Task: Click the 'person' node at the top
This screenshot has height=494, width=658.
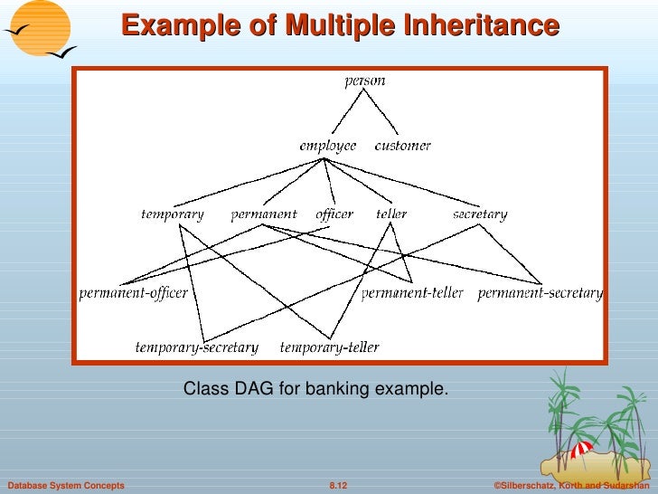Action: pos(364,81)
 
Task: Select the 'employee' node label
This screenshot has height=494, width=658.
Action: pos(328,146)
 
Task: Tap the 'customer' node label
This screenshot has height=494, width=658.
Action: pos(402,146)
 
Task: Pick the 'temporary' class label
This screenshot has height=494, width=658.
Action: pos(173,214)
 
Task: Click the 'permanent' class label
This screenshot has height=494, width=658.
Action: pos(263,214)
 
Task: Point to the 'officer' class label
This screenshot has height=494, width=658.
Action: pos(334,214)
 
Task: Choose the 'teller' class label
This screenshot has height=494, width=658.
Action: pos(391,214)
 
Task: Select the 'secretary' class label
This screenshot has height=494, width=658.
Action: pos(479,214)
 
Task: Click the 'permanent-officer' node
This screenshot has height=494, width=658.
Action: pos(133,293)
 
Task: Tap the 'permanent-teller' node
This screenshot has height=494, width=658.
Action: pos(412,293)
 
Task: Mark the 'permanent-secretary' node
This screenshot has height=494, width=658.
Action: pos(539,293)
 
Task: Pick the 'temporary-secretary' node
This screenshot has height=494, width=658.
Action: pos(196,347)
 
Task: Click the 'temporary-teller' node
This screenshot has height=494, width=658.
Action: pos(329,347)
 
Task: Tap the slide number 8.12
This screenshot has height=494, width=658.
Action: pos(338,486)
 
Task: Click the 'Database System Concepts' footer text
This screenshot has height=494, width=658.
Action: pos(65,486)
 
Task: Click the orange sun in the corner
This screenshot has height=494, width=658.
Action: pos(36,26)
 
